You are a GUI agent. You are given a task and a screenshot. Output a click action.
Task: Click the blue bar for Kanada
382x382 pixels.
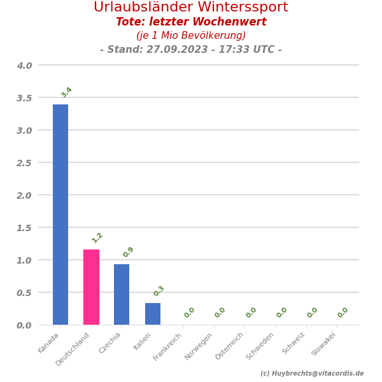point(60,215)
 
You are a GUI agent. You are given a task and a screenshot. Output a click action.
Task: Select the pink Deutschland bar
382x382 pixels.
point(91,287)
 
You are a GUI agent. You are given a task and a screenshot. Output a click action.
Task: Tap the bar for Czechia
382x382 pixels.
point(122,294)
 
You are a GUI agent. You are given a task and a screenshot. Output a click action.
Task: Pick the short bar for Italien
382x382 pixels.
point(153,314)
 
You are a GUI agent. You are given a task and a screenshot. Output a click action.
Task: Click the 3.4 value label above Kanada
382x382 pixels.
point(66,92)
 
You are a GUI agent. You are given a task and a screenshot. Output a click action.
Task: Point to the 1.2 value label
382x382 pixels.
point(97,237)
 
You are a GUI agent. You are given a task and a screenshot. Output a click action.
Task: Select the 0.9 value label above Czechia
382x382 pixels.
point(128,252)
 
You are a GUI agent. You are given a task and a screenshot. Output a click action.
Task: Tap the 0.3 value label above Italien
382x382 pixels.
point(159,291)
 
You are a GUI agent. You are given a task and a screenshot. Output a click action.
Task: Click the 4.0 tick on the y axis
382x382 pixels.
point(24,66)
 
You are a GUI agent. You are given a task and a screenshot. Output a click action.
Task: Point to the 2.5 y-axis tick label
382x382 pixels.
point(24,163)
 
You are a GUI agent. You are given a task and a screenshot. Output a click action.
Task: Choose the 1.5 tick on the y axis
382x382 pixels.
point(24,228)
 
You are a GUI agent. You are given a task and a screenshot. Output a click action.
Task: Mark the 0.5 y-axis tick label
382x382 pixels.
point(24,293)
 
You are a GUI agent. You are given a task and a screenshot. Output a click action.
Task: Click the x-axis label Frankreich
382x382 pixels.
point(169,346)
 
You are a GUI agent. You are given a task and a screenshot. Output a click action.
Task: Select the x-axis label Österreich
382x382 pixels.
point(230,346)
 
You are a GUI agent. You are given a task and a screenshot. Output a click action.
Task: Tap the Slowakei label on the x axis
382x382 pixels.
point(324,344)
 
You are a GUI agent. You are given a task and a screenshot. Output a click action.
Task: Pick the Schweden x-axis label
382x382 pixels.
point(261,346)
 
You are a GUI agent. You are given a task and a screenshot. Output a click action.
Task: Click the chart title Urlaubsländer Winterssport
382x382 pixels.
point(191,8)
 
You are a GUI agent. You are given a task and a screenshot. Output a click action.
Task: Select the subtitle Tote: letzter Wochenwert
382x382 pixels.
point(191,22)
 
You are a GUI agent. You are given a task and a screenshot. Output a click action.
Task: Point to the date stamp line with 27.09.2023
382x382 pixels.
point(191,50)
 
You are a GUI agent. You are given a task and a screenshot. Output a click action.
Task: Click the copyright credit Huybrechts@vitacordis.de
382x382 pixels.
point(312,374)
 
